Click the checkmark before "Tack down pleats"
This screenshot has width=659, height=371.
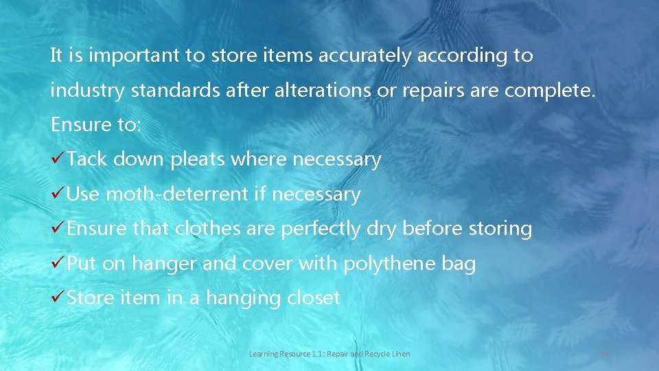[x=58, y=159]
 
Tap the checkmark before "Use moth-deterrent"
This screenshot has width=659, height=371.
[x=58, y=194]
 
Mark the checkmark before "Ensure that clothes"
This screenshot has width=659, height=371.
[x=58, y=229]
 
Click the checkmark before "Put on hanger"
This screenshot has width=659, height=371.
[x=58, y=264]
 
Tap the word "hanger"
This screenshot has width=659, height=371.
[x=164, y=264]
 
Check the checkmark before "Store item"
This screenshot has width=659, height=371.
[x=58, y=298]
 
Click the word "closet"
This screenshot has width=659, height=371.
[x=314, y=298]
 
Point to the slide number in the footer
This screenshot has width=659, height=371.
[x=605, y=354]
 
